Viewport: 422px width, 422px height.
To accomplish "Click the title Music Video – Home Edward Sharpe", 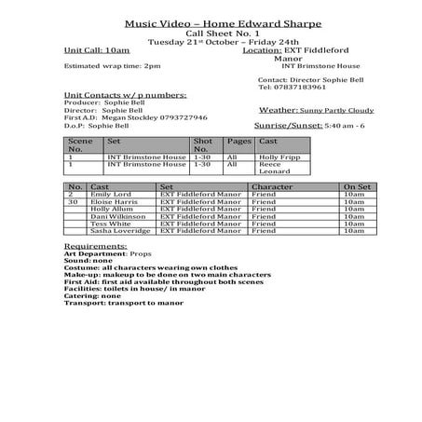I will click(x=211, y=24).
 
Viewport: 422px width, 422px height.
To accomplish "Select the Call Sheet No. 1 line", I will click(x=211, y=34).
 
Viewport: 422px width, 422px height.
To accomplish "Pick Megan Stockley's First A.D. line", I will click(x=135, y=117).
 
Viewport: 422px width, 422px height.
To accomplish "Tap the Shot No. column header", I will click(x=203, y=143).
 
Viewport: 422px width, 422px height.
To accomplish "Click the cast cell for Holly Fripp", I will click(x=280, y=158).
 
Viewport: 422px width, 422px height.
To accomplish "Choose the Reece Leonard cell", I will click(x=276, y=170).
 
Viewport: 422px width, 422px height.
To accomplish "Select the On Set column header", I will click(x=357, y=186).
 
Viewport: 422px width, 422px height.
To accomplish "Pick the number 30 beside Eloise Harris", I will click(x=73, y=201).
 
